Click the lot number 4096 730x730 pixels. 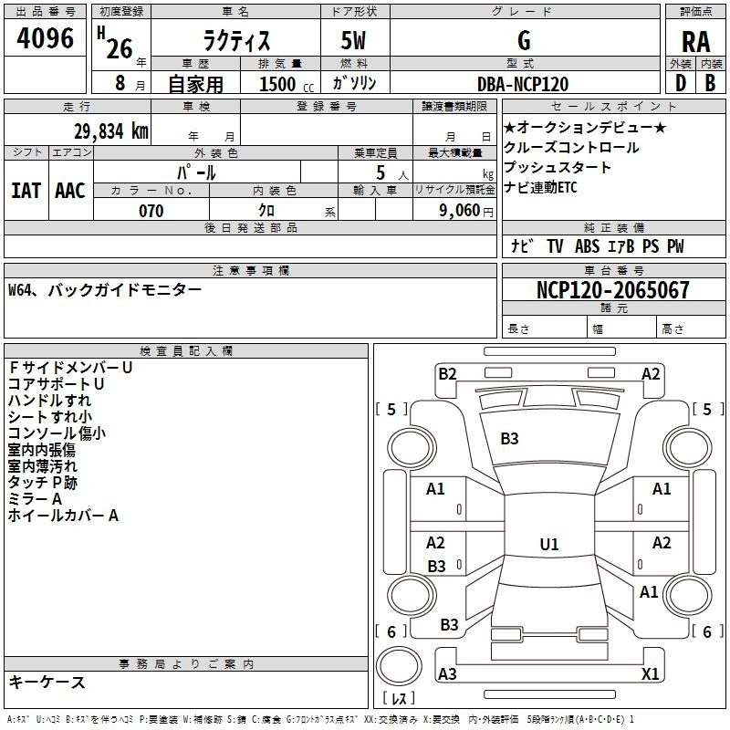[x=46, y=39]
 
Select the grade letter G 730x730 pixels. [x=524, y=40]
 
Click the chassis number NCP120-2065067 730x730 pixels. [x=613, y=290]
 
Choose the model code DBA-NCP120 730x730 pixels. [x=523, y=84]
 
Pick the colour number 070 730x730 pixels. [x=151, y=211]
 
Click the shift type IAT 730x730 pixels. [x=26, y=190]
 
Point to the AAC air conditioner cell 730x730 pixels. [x=70, y=190]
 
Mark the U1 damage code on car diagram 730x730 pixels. [x=548, y=545]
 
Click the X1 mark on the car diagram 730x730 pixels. [x=651, y=673]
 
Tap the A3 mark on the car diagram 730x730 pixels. [x=447, y=673]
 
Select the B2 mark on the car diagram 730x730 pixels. [x=447, y=373]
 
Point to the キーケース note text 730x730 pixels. [x=47, y=682]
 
